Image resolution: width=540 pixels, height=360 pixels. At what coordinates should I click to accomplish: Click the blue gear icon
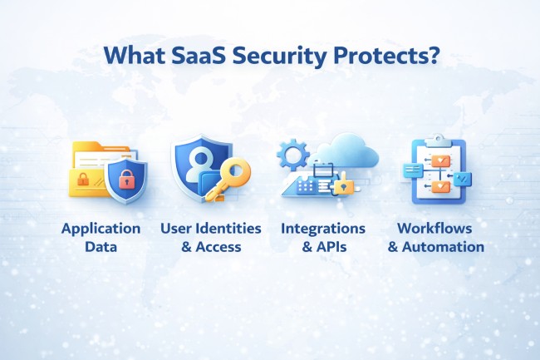pos(292,154)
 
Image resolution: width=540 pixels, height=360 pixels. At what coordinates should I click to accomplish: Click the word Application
pos(100,228)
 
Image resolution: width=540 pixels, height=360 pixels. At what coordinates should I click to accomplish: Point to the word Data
pos(100,247)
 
